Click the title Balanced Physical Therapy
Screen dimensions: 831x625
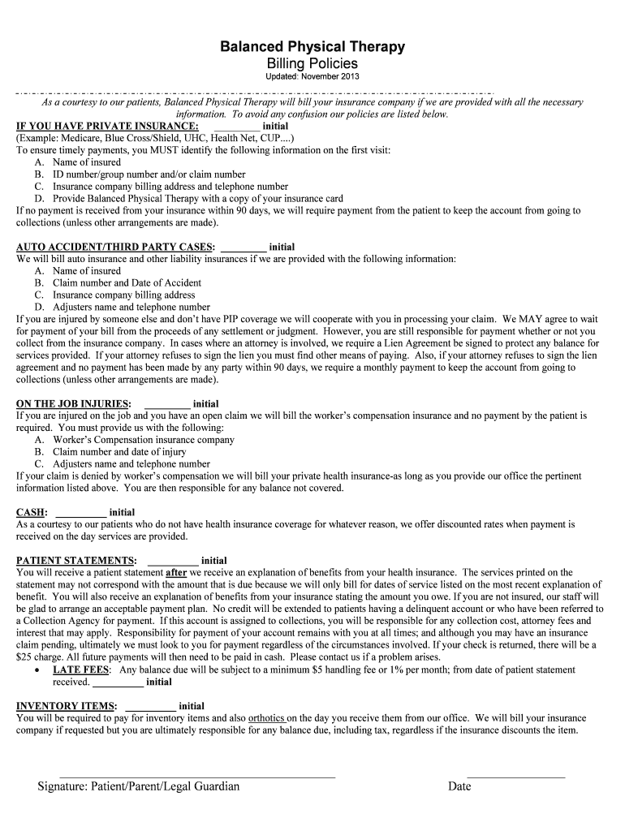[312, 47]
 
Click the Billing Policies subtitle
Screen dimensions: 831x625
[312, 63]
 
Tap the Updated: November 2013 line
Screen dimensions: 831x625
[312, 77]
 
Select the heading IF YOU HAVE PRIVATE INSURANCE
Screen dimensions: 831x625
[107, 127]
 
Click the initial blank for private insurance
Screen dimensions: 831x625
[237, 127]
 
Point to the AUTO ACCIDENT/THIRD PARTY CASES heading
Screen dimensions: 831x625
[115, 247]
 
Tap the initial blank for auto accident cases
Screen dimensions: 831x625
[244, 248]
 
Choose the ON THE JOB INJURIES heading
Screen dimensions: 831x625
[73, 403]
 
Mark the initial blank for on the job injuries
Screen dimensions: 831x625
[167, 404]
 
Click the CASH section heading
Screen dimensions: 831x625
[32, 512]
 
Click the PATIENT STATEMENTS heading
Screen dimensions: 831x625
[76, 560]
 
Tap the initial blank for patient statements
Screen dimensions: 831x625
[173, 562]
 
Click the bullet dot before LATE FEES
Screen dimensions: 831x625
[40, 670]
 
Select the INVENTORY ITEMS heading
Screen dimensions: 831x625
[67, 706]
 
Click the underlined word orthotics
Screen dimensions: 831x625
[266, 718]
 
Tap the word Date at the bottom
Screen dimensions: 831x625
[459, 786]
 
